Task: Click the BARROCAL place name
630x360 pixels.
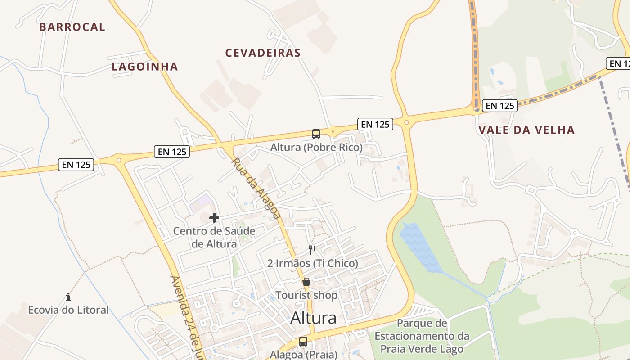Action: (72, 27)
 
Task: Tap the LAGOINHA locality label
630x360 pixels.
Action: (145, 67)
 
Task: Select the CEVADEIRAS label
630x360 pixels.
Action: (263, 53)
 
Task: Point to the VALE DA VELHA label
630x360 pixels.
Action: (526, 130)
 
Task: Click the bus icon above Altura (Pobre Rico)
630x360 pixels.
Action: (316, 134)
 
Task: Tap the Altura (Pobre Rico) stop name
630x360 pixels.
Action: (316, 147)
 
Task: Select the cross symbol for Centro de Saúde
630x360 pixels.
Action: (214, 218)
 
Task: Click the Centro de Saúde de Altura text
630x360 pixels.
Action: (214, 238)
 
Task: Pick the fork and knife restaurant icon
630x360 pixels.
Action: (312, 250)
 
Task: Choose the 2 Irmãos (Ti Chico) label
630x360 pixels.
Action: (313, 263)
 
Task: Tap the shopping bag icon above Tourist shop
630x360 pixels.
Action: (306, 282)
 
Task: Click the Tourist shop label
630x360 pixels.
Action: (306, 295)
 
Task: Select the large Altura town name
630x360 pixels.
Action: (313, 318)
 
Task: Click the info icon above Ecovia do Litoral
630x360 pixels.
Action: (68, 297)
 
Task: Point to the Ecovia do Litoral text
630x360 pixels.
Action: (68, 310)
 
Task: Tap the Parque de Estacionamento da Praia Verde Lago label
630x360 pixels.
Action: (422, 336)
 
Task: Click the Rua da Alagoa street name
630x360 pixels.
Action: (256, 188)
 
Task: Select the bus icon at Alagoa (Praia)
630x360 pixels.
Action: (303, 342)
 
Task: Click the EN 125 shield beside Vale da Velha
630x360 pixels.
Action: (499, 106)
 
